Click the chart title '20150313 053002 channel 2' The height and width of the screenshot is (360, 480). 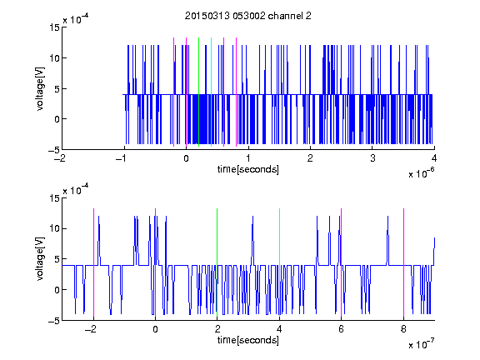coord(248,16)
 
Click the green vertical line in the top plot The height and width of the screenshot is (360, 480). coord(198,92)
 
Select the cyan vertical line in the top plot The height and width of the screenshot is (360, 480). coord(211,92)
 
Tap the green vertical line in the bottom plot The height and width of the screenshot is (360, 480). coord(217,262)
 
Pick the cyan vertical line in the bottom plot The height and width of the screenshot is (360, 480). coord(279,262)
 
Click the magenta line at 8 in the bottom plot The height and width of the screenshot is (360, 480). coord(403,262)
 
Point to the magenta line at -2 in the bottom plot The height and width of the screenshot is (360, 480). coord(93,262)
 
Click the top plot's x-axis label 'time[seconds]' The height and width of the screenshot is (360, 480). coord(248,169)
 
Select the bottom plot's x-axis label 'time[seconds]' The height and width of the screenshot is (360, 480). coord(248,340)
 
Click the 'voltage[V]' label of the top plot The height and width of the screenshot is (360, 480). coord(40,89)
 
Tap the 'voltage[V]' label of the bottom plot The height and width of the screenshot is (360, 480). coord(40,258)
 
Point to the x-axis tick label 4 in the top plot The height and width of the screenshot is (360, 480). coord(434,158)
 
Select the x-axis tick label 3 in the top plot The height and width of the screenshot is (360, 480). coord(372,158)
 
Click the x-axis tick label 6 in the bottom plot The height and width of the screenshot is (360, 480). coord(342,329)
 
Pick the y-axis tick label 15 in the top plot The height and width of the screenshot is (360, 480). coord(54,27)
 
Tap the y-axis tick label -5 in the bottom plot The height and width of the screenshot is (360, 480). coord(53,321)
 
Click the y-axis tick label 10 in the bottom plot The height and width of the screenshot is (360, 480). coord(54,228)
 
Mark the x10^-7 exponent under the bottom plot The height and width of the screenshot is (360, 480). coord(421,344)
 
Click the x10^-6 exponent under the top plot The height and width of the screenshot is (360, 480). coord(421,173)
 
